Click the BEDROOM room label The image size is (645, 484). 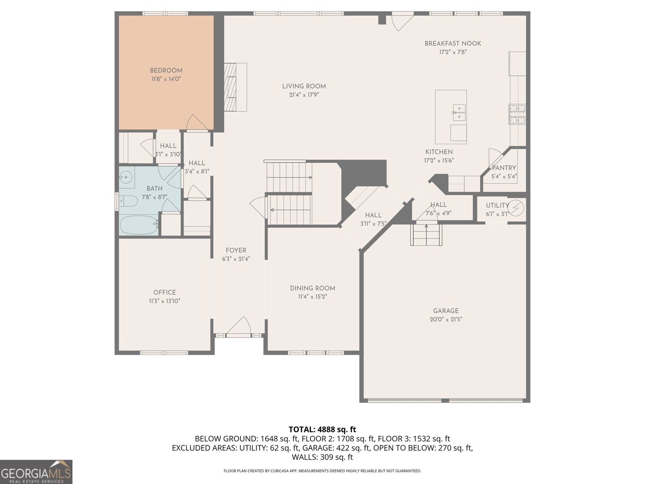[x=166, y=71]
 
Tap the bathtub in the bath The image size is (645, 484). [x=139, y=225]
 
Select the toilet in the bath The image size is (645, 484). [x=128, y=201]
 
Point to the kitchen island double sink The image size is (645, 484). [x=459, y=113]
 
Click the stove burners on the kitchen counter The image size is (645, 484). [x=518, y=114]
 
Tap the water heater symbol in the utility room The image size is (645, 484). [x=516, y=208]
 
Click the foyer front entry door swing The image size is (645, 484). [x=238, y=325]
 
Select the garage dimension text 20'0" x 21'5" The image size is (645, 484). [x=446, y=319]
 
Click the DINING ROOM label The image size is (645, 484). [x=312, y=288]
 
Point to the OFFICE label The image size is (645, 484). [x=164, y=292]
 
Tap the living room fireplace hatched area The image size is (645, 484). [x=230, y=87]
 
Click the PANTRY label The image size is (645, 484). [x=504, y=168]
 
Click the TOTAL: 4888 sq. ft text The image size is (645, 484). [x=322, y=429]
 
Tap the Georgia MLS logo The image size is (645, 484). [x=36, y=471]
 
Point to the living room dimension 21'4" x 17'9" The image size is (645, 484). [x=304, y=95]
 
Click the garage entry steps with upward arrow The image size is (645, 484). [x=426, y=234]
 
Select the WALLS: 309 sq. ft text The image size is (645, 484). [x=322, y=457]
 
